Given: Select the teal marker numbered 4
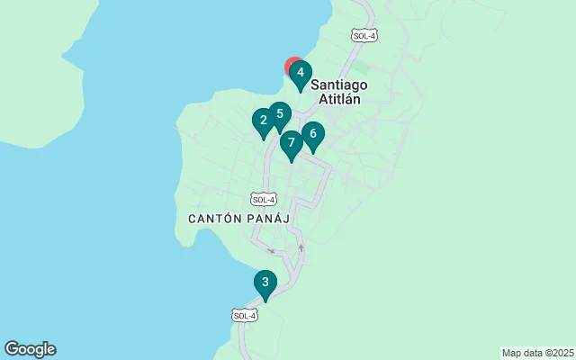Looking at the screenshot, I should (301, 74).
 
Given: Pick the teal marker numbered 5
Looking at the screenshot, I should (280, 115).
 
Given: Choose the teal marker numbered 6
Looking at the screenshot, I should (312, 135).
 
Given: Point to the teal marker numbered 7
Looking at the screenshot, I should (291, 144).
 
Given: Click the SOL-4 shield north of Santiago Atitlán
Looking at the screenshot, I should (364, 36).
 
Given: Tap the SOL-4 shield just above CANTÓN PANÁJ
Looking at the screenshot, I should (263, 199).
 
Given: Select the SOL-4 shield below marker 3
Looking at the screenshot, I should (245, 315).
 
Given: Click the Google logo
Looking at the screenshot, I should (30, 349).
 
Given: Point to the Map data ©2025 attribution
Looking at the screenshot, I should (536, 353).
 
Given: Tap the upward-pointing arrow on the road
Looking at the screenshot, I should (301, 247).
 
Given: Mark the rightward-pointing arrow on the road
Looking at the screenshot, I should (271, 251).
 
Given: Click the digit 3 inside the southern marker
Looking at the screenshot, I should (265, 282).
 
